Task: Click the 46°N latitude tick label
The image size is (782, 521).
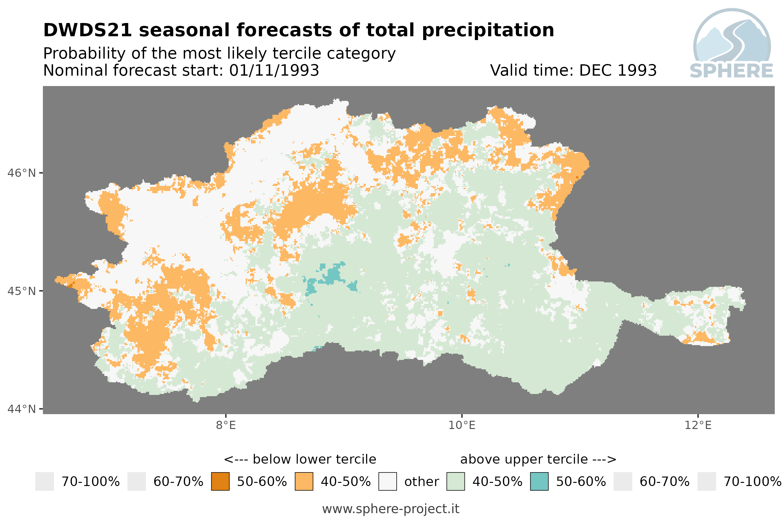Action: pyautogui.click(x=21, y=173)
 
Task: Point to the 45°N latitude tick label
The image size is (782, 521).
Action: pyautogui.click(x=21, y=291)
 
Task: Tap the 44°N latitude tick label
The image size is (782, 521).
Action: pyautogui.click(x=21, y=409)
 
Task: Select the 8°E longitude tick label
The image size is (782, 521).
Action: pyautogui.click(x=226, y=425)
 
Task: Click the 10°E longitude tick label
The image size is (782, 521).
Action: pyautogui.click(x=462, y=425)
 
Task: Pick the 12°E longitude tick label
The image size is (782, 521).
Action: pyautogui.click(x=698, y=425)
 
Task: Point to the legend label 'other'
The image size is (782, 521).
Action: pyautogui.click(x=421, y=482)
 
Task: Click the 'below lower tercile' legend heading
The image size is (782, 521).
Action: pyautogui.click(x=314, y=460)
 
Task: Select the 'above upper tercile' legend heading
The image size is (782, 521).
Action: pyautogui.click(x=524, y=460)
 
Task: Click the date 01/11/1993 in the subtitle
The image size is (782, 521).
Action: pyautogui.click(x=274, y=70)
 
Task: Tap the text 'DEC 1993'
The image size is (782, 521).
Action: pyautogui.click(x=618, y=70)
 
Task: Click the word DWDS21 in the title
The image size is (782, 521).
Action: pyautogui.click(x=88, y=30)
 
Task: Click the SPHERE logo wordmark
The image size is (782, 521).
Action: pyautogui.click(x=732, y=71)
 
